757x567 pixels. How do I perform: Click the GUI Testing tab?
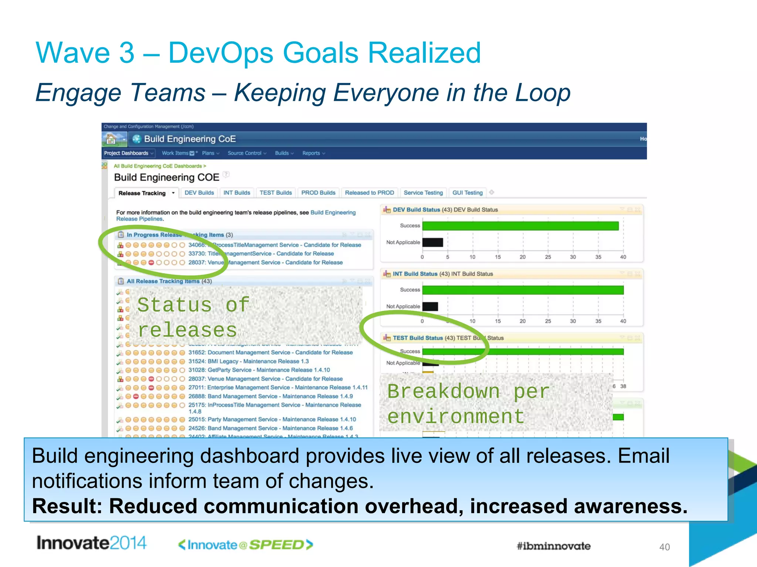tap(467, 193)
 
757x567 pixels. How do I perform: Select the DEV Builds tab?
tap(199, 193)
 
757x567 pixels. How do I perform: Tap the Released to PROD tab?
tap(369, 193)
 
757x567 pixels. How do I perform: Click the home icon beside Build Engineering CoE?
tap(111, 139)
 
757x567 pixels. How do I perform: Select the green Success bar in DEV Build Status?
tap(520, 226)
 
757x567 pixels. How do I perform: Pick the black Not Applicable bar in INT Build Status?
tap(430, 306)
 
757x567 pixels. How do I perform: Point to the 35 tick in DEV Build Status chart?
tap(598, 257)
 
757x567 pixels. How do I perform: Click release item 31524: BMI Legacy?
tap(248, 361)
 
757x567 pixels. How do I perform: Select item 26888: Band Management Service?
tap(270, 396)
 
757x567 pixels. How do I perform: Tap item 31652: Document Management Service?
tap(270, 353)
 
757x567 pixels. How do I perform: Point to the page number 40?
tap(664, 547)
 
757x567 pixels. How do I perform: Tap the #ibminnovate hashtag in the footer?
tap(553, 546)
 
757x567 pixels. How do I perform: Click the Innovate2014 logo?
tap(91, 543)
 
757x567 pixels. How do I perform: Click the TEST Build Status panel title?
tap(417, 338)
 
